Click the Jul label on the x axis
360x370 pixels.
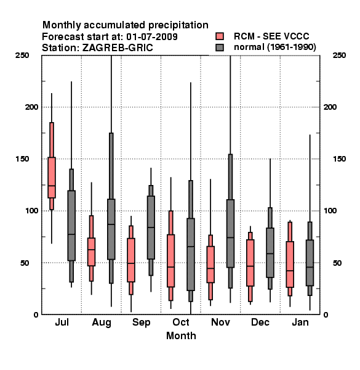click(62, 322)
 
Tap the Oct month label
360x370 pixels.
click(181, 322)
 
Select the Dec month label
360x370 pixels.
click(260, 322)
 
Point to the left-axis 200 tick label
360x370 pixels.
click(31, 107)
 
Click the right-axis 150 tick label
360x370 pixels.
click(339, 159)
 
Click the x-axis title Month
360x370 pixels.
click(181, 335)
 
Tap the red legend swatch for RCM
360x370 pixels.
click(220, 36)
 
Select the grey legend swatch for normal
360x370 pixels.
click(220, 47)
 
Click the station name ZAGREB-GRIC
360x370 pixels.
click(118, 48)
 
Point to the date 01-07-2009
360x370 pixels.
click(152, 37)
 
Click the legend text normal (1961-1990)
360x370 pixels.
click(275, 47)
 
